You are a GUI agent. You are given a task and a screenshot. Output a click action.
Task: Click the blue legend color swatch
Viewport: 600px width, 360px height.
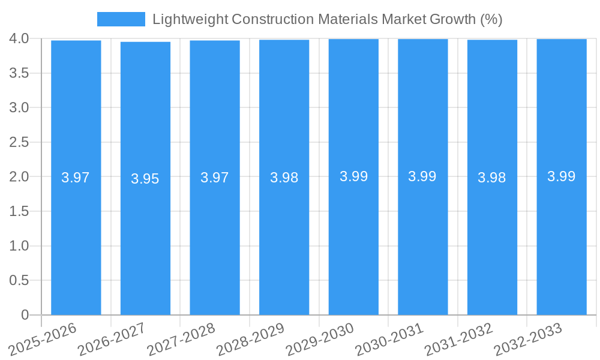121,19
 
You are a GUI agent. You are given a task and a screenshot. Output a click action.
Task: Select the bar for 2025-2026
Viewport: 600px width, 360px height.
76,240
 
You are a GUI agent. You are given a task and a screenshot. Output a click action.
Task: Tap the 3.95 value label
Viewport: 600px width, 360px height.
145,179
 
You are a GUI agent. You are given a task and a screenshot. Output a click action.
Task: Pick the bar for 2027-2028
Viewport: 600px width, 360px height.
215,240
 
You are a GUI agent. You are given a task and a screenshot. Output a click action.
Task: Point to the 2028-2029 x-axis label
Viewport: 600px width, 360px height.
251,339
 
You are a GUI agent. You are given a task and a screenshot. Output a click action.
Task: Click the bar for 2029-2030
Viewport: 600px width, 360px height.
353,240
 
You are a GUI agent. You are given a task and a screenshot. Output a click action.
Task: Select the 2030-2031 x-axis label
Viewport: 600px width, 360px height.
390,339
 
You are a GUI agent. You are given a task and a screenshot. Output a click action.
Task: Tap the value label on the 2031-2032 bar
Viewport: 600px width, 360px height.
492,178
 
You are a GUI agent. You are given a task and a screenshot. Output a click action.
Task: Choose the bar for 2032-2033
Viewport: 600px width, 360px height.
562,240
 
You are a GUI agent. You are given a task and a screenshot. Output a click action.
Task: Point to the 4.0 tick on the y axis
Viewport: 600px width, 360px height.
19,38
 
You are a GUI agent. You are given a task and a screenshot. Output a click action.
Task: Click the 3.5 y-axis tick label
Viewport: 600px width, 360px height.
19,73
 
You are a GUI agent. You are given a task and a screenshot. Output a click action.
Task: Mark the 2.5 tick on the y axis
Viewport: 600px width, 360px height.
19,142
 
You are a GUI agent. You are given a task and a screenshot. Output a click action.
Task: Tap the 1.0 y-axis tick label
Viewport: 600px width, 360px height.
19,246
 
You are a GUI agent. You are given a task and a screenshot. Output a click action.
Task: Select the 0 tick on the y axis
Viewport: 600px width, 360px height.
25,315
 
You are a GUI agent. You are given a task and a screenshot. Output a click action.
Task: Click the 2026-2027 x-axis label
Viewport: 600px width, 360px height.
112,339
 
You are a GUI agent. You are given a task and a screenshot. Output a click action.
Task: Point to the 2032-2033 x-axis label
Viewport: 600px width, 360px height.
529,339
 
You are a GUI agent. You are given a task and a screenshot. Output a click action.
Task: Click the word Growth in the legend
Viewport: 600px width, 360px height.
453,19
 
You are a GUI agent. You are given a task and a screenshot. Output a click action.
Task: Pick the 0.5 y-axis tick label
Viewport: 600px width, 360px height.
19,280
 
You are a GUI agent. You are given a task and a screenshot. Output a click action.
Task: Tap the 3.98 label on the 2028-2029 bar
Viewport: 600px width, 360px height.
284,178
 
